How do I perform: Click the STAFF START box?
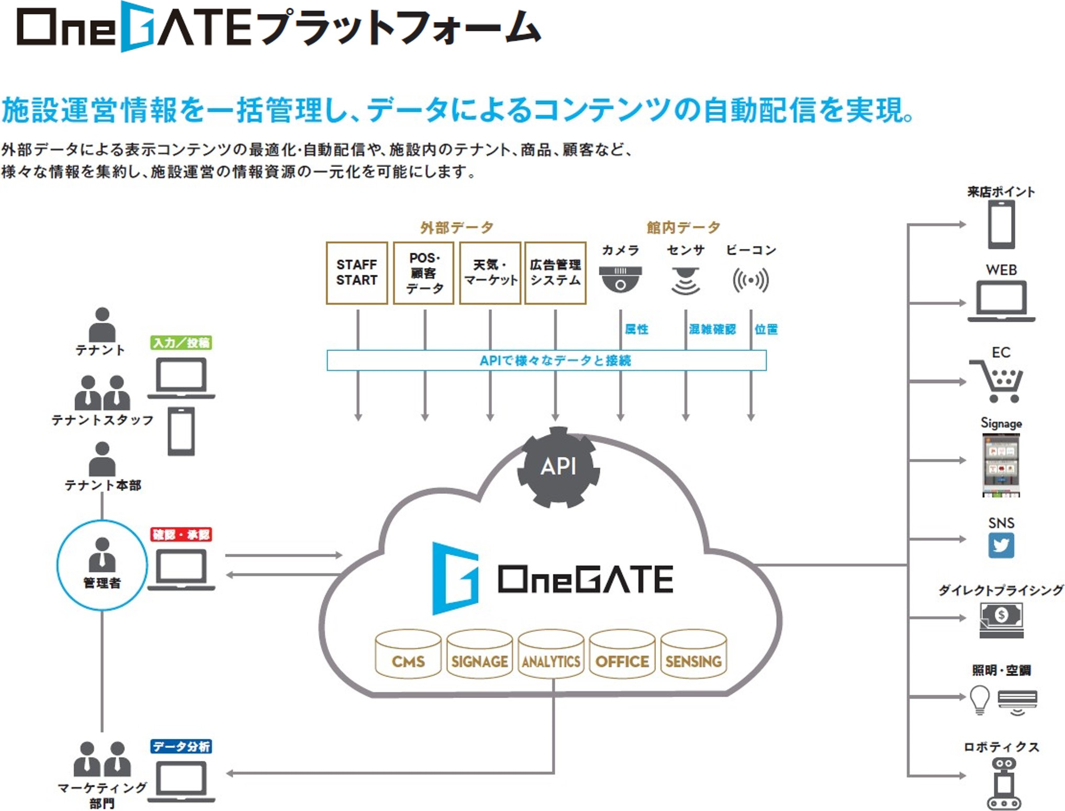point(356,273)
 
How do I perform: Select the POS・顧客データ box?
point(423,273)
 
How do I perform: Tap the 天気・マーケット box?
point(490,273)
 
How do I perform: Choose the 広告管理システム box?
point(555,273)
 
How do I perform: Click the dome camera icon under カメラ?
point(620,279)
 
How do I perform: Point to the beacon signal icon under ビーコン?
point(750,280)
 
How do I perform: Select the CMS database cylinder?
point(408,655)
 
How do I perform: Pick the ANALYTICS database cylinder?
point(551,655)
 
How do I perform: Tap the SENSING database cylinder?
point(693,655)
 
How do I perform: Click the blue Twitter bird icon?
point(1001,546)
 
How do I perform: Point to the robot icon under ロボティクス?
point(1004,784)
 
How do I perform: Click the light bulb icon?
point(979,699)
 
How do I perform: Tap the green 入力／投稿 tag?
point(181,343)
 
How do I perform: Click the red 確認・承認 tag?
point(181,534)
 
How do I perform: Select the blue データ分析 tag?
point(181,746)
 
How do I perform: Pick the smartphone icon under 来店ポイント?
point(1001,224)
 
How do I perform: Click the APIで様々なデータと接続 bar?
point(546,360)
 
